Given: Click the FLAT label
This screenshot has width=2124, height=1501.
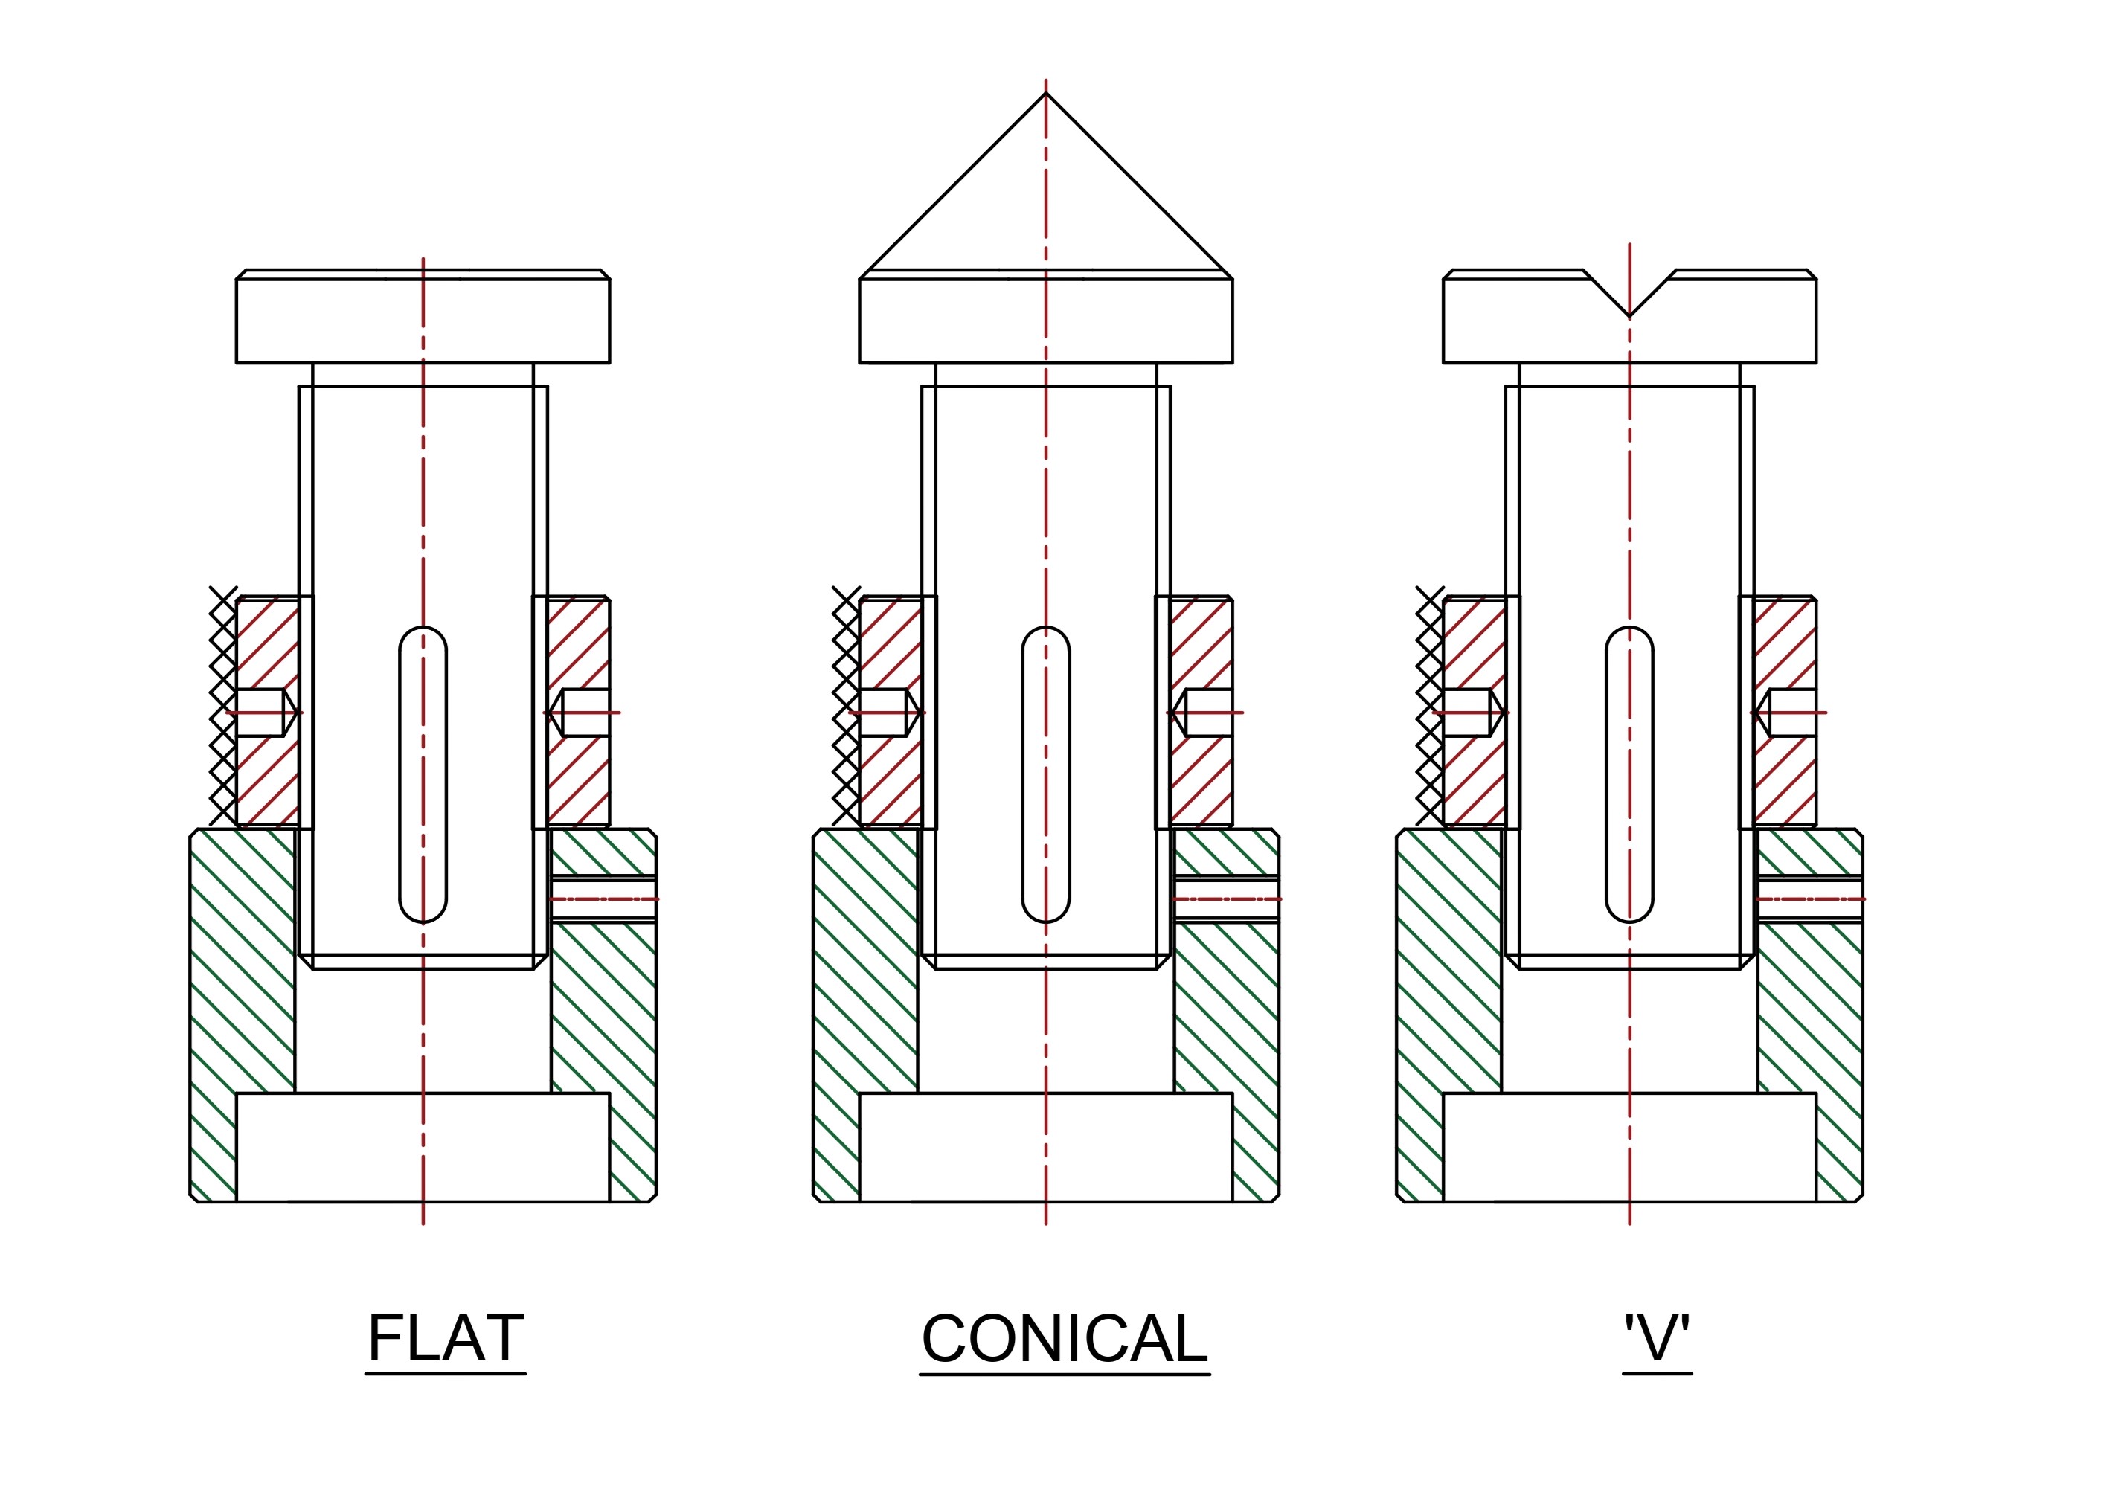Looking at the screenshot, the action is coord(446,1338).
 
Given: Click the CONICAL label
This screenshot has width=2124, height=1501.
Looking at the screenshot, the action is coord(1065,1338).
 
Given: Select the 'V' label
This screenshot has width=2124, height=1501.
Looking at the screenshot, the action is coord(1657,1338).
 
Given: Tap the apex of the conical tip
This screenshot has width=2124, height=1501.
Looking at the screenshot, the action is coord(1046,94).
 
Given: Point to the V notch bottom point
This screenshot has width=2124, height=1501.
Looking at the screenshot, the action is coord(1629,317).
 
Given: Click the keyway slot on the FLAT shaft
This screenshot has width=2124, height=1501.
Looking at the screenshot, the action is coord(423,775).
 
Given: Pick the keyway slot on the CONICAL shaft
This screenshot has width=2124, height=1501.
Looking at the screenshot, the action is coord(1046,775).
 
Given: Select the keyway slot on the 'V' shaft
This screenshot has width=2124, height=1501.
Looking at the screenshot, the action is coord(1629,775).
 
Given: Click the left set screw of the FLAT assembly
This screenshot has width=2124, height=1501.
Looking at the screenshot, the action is coord(266,712).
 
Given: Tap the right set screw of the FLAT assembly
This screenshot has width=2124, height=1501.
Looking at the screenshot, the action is coord(579,712).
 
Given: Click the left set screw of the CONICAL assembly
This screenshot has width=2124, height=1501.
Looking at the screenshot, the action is coord(890,712).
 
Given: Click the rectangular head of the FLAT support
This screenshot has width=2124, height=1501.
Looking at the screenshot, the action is coord(423,316).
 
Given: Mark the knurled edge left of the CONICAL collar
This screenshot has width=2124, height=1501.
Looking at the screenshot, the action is coord(846,706).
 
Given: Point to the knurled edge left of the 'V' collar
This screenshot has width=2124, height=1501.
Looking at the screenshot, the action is coord(1429,706).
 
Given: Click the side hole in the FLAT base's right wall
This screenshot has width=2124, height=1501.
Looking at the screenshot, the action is coord(603,898).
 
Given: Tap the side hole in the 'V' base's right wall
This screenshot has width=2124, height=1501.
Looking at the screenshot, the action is coord(1809,898).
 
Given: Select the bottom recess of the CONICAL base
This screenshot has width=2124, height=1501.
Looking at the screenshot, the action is coord(1046,1147).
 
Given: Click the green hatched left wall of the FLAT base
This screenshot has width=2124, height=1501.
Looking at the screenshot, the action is coord(242,1015).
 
